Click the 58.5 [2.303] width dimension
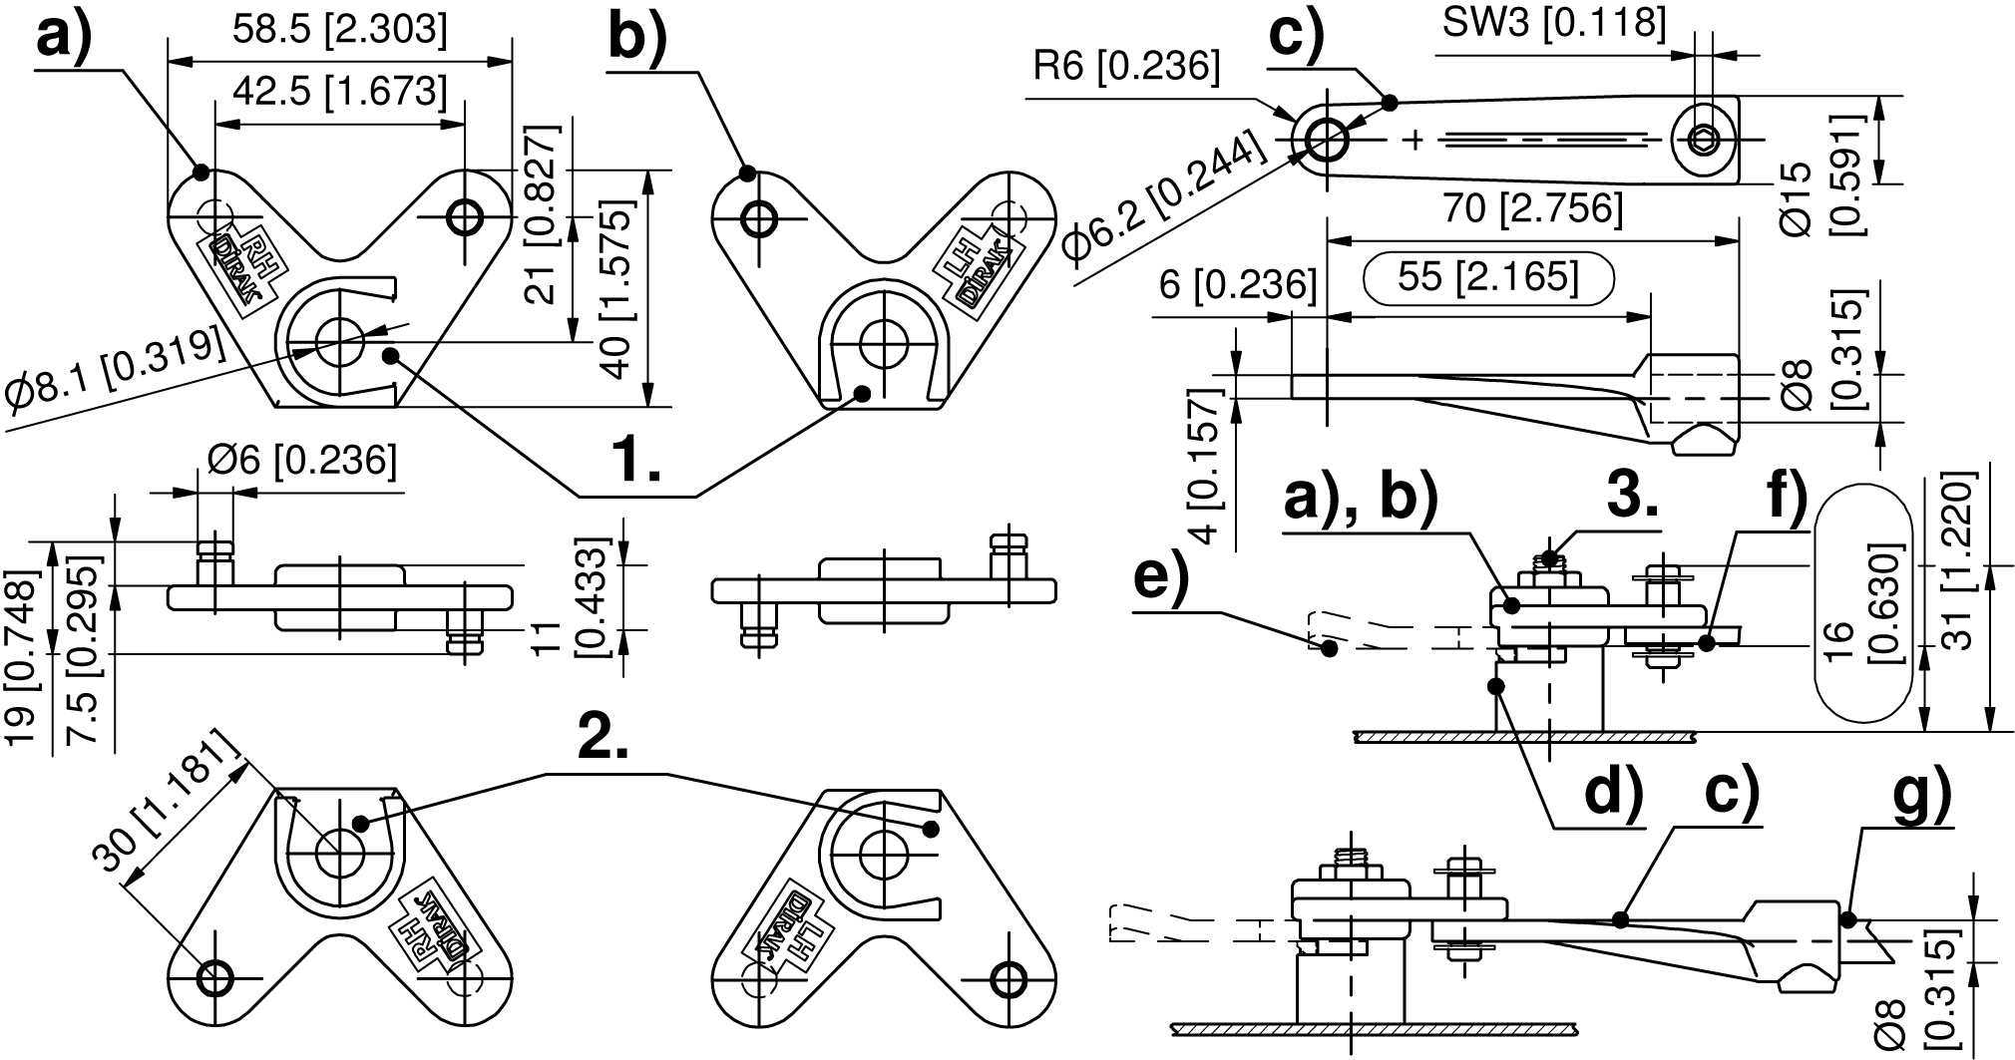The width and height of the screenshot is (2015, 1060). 339,30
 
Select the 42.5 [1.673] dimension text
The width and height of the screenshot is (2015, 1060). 339,92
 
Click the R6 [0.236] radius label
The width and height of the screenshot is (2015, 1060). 1126,66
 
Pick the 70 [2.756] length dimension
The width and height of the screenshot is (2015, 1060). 1532,209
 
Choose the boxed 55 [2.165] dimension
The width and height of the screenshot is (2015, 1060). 1487,277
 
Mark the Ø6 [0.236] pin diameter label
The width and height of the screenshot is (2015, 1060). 302,461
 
